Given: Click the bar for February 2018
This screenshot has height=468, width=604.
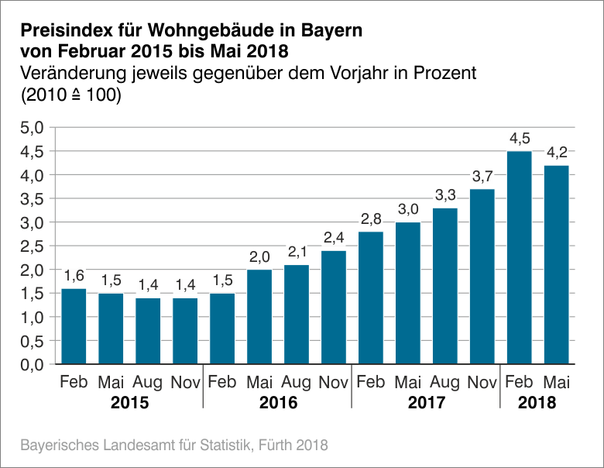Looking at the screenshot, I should tap(519, 257).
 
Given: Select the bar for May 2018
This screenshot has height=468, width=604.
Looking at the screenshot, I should tap(556, 264).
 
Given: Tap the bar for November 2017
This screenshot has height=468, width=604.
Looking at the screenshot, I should tap(482, 276).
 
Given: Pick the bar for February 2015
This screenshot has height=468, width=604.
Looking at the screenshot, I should tap(74, 325).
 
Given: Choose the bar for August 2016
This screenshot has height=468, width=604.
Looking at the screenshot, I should tap(296, 314).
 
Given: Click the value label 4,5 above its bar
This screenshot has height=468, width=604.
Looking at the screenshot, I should tap(519, 139).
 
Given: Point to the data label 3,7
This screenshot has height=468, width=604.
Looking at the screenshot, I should tap(482, 177).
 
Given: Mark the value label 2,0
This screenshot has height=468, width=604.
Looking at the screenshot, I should tap(259, 257).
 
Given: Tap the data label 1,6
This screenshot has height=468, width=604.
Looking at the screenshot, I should tap(74, 276).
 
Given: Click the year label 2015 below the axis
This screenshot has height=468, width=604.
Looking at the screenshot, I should tap(129, 404).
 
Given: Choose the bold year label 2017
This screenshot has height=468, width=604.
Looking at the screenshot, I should tap(426, 404).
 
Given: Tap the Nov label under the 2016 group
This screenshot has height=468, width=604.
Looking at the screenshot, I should tap(333, 383).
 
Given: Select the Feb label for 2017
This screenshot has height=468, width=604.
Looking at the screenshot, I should tap(370, 383).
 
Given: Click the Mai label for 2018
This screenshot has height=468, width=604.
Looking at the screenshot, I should tap(556, 383).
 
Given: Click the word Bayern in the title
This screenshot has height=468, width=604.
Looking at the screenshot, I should tap(321, 32).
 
